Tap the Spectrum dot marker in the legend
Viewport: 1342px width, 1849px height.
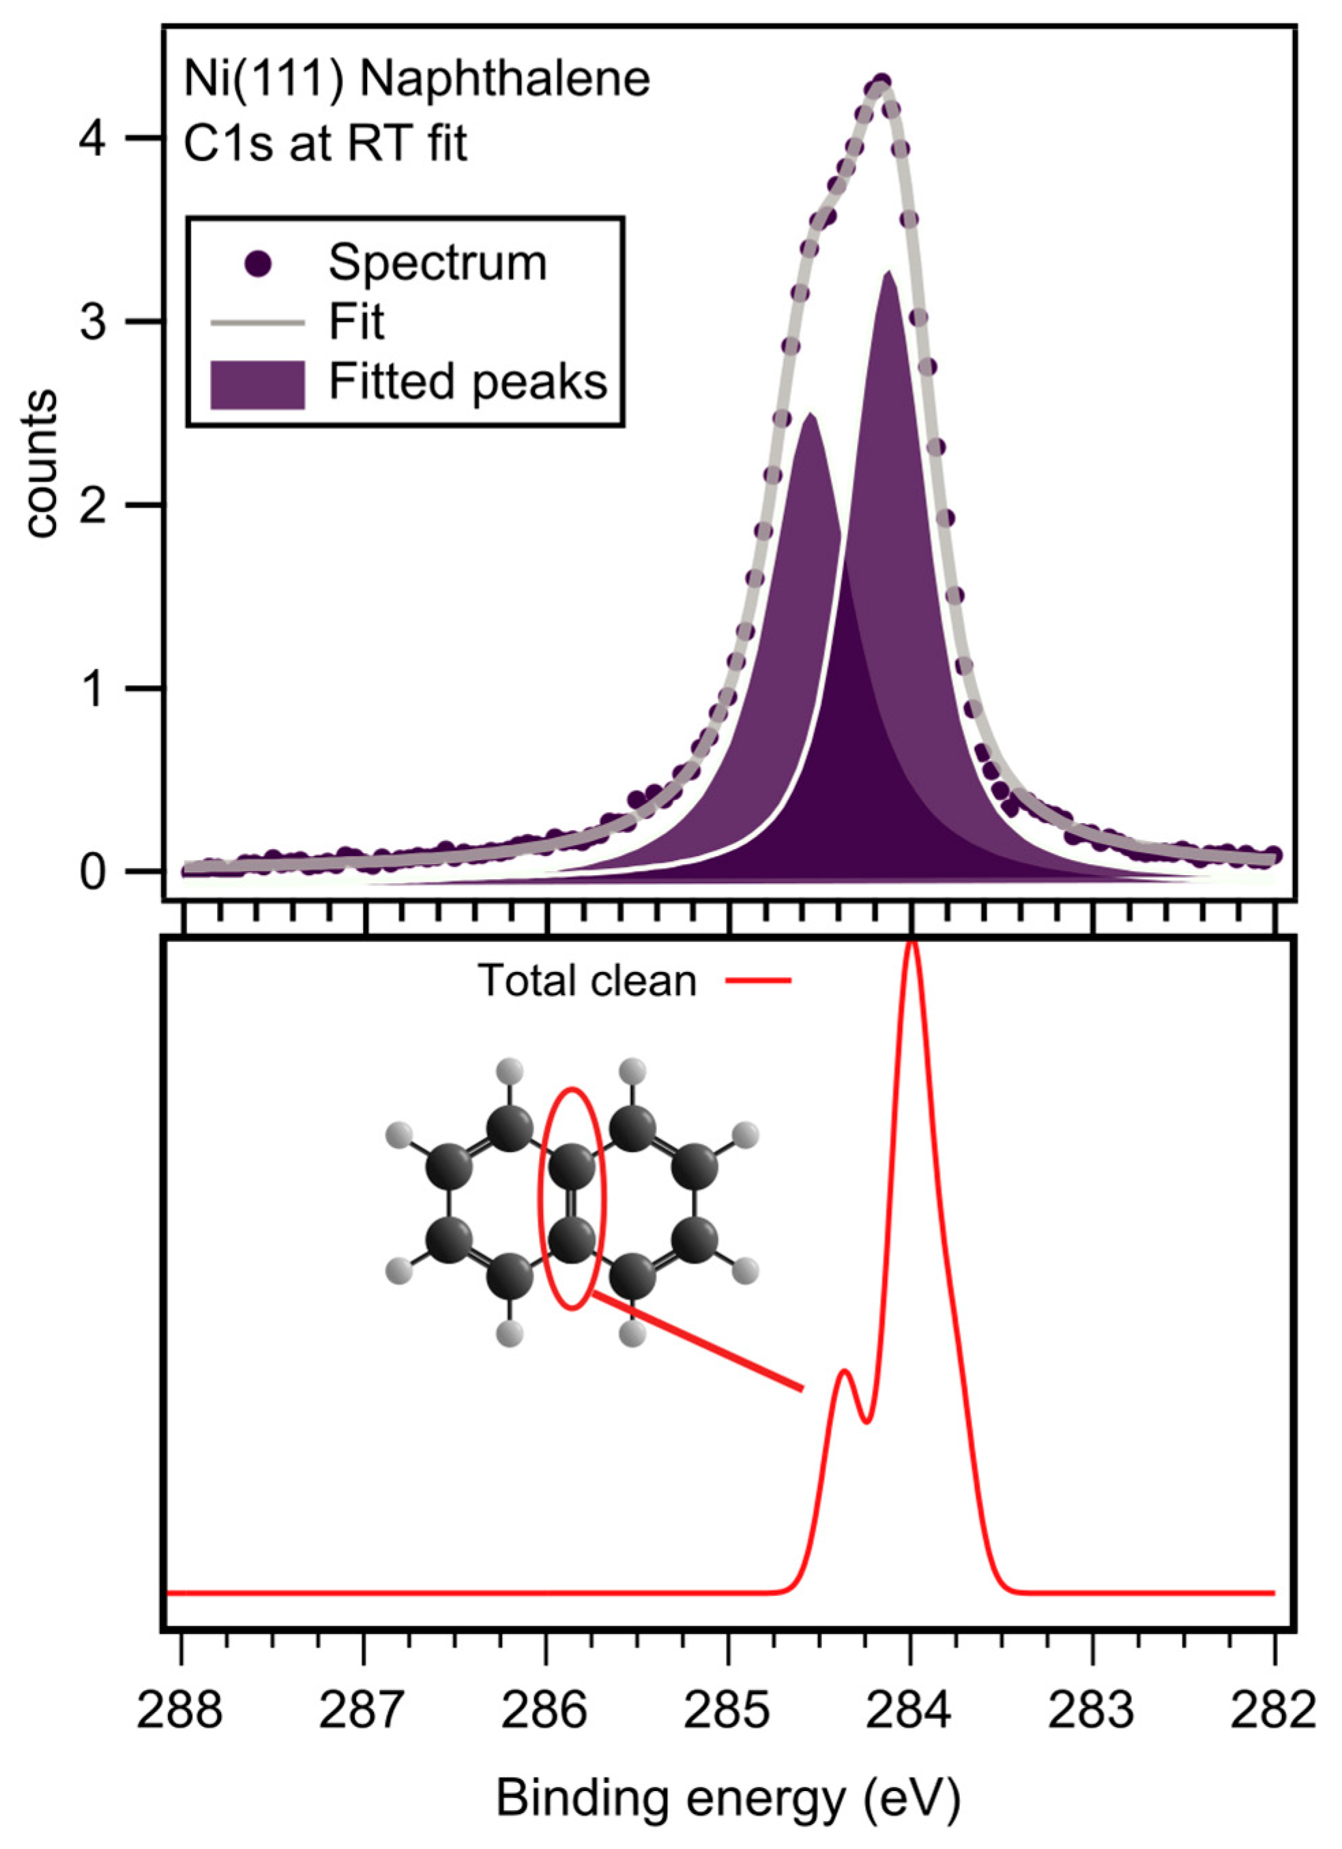(258, 263)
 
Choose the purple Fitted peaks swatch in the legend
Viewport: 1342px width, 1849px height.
(258, 384)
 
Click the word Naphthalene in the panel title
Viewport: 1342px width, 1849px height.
(506, 80)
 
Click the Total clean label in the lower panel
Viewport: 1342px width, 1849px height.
(587, 981)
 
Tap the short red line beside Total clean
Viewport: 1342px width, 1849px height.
(758, 981)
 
